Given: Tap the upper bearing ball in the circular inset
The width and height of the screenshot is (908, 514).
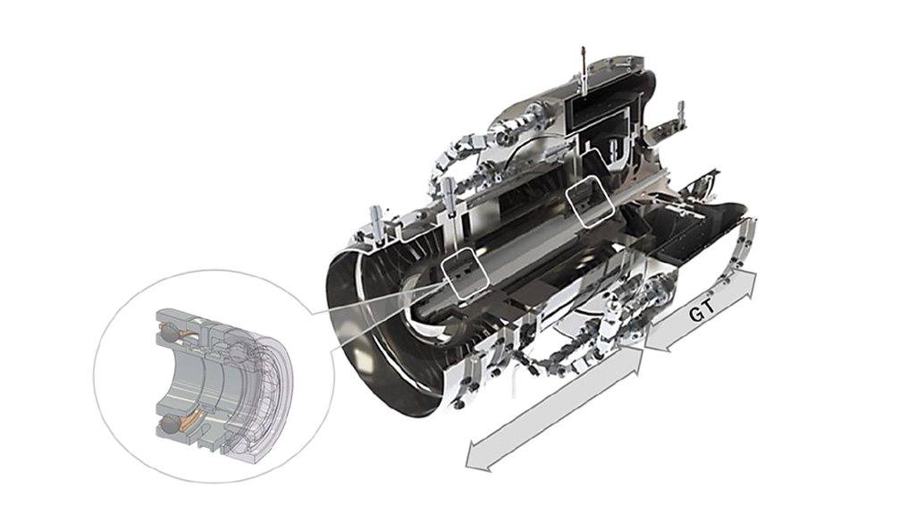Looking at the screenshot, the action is point(172,332).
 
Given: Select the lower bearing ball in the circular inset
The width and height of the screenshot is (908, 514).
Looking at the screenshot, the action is point(170,425).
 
